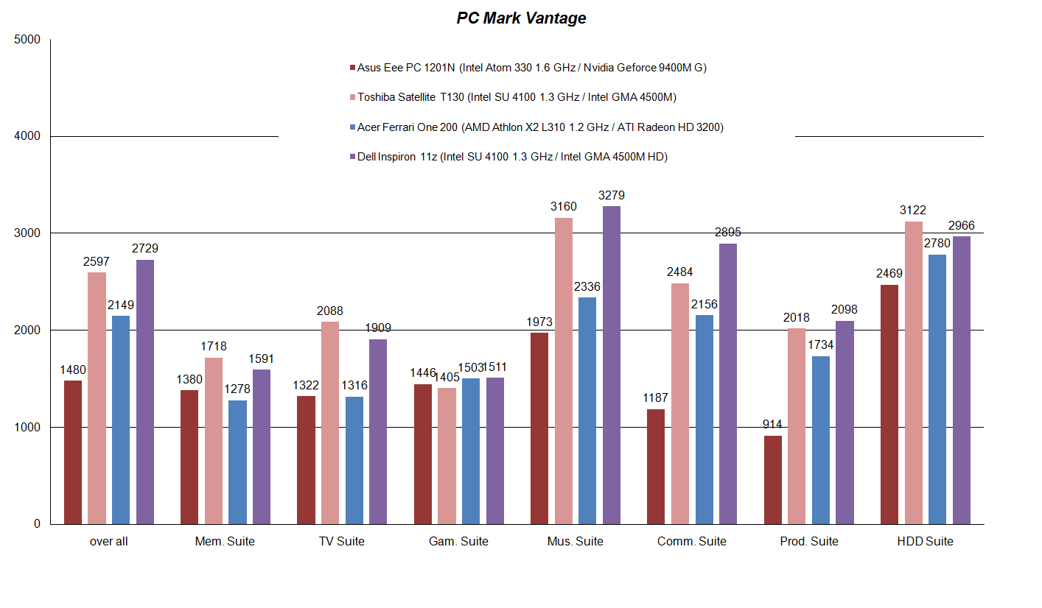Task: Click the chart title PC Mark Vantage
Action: (x=521, y=18)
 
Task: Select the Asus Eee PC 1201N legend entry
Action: (x=531, y=68)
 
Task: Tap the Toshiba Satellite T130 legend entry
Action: (x=516, y=97)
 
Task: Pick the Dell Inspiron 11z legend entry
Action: (x=511, y=157)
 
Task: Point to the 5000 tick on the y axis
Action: (x=27, y=40)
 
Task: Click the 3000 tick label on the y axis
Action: (x=27, y=233)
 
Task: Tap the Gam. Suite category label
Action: (x=458, y=542)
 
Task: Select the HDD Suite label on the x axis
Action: (x=925, y=542)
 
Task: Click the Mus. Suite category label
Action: (x=575, y=542)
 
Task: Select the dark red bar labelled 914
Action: (x=773, y=479)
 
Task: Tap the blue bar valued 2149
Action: (x=121, y=420)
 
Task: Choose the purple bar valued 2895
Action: (x=728, y=383)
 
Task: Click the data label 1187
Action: (x=656, y=397)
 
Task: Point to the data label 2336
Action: (x=587, y=286)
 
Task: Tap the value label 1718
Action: (x=214, y=346)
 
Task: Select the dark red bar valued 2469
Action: (x=889, y=404)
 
